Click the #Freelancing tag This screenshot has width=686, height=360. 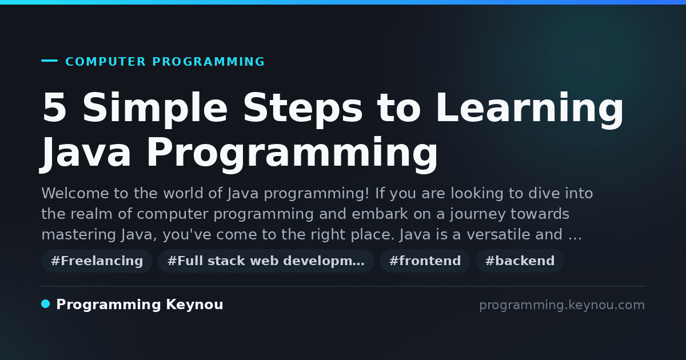coord(97,261)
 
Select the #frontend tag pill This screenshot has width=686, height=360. coord(425,261)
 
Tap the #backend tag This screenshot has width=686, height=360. coord(520,261)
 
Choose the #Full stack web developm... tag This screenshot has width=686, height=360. coord(266,261)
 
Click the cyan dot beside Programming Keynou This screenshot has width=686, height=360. coord(46,304)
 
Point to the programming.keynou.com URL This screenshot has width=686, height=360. coord(562,305)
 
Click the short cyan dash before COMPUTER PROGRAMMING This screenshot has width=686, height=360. coord(49,61)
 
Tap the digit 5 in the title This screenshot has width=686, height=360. coord(54,107)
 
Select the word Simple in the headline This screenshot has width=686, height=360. coord(155,110)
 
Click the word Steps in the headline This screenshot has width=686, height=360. coord(303,110)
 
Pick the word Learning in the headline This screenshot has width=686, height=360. coord(529,110)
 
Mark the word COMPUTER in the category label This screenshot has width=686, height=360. coord(105,62)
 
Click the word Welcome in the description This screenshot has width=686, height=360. coord(75,194)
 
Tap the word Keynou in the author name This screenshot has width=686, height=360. coord(194,305)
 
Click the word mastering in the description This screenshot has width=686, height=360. coord(78,235)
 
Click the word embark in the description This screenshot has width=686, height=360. coord(380,214)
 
